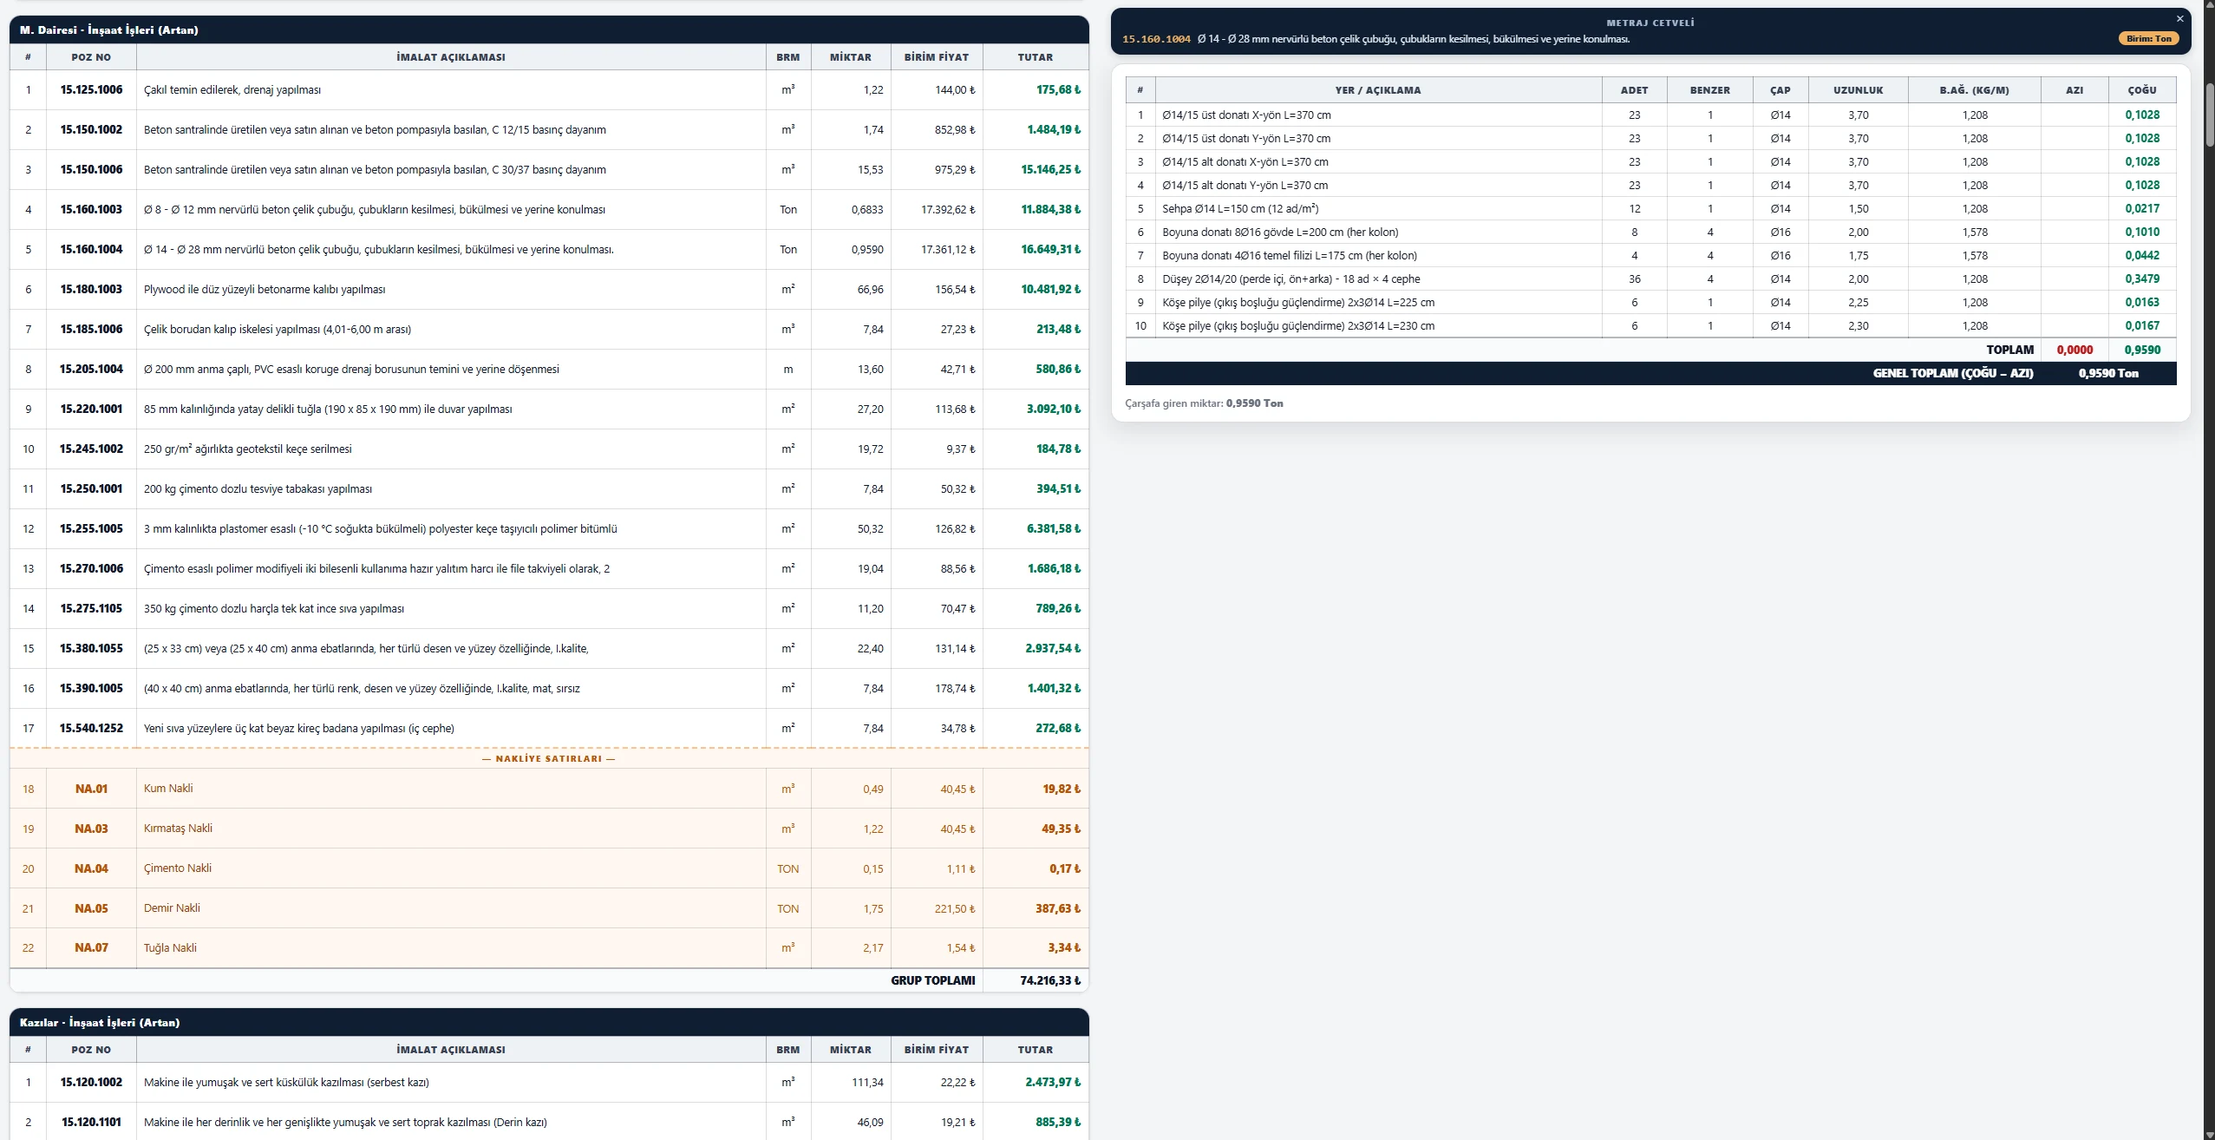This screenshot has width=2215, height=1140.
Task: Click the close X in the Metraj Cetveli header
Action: pos(2179,19)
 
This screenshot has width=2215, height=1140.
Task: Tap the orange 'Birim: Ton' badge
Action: pos(2148,39)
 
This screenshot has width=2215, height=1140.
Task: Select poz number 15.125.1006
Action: pos(91,90)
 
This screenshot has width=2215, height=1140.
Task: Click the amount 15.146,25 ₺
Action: pos(1050,170)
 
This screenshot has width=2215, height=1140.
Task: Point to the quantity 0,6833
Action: pos(867,210)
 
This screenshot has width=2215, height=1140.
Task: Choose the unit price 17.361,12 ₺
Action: pos(948,250)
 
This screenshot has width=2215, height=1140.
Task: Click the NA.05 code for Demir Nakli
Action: pos(91,909)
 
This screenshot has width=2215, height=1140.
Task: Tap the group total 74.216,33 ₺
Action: pos(1050,981)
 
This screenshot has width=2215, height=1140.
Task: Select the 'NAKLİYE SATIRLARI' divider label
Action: pos(549,759)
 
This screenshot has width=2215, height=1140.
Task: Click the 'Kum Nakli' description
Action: pos(168,789)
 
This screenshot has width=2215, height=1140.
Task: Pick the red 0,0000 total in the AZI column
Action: pos(2075,351)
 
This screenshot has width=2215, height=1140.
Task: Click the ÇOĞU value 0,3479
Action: pos(2142,279)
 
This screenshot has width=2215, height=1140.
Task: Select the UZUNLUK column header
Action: pos(1858,90)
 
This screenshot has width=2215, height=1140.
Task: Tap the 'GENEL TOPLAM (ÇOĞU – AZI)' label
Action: pos(1953,374)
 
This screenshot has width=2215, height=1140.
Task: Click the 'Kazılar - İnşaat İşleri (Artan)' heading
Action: pos(100,1023)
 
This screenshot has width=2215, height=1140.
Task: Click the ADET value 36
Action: pos(1634,279)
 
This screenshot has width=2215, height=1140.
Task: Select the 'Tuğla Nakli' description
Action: pos(170,948)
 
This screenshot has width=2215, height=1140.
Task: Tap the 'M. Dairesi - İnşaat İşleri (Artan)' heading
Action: pos(109,30)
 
